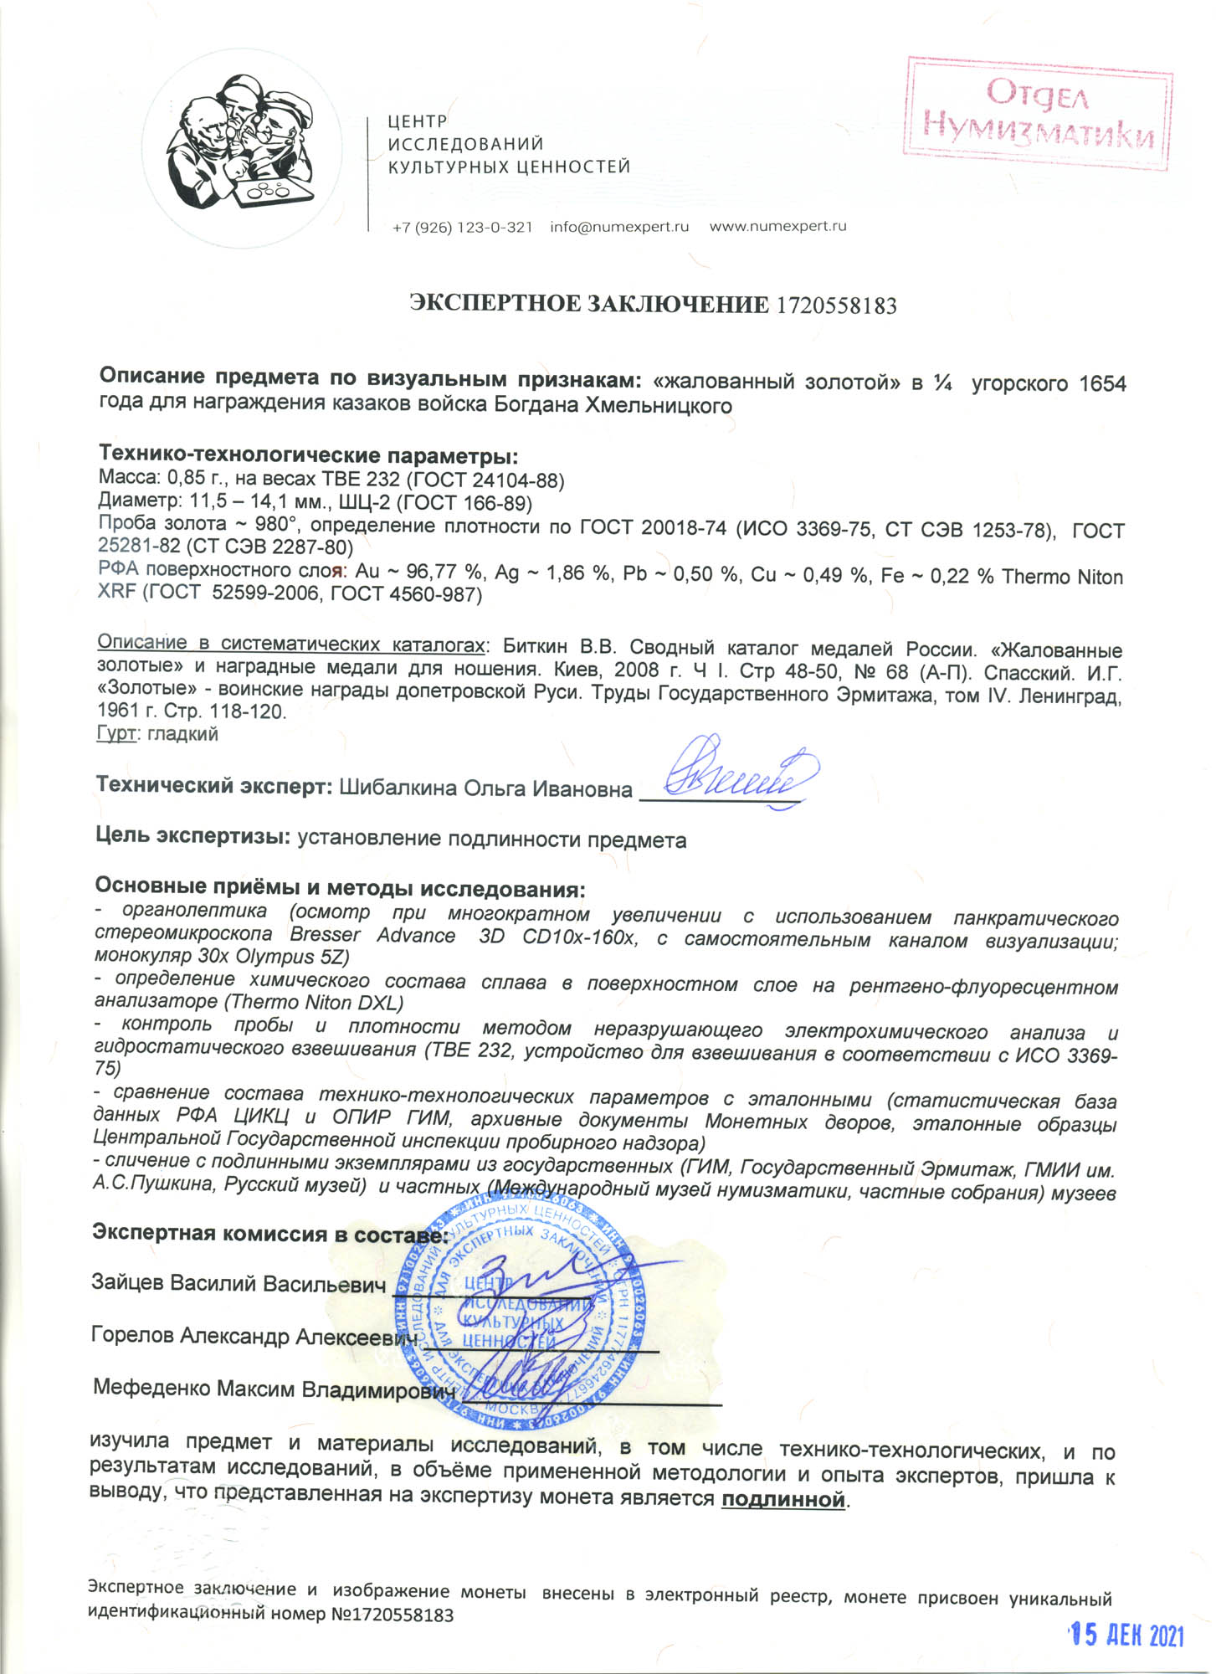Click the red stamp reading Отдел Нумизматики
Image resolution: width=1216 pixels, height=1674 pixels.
point(1037,114)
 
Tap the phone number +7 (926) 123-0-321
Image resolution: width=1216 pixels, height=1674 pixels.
point(462,227)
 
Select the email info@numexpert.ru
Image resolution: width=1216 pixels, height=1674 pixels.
point(619,227)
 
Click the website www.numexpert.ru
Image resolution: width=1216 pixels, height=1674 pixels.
point(777,226)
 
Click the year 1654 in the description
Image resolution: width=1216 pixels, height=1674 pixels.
point(1101,384)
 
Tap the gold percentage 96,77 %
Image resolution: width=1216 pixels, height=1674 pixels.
point(444,573)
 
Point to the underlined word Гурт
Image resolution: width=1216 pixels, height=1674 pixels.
point(115,734)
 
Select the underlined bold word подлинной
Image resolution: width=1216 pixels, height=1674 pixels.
point(782,1499)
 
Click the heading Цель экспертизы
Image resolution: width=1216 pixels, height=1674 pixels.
point(192,835)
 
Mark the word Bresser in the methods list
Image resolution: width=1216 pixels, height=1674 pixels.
point(325,935)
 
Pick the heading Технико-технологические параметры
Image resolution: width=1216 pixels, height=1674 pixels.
point(308,456)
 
